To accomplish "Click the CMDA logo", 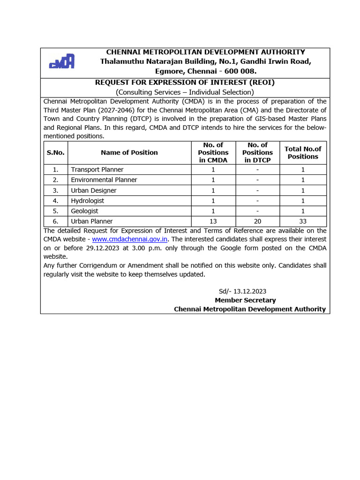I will (x=62, y=61).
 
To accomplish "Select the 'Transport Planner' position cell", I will (x=97, y=169).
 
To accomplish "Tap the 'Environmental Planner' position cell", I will (x=104, y=180).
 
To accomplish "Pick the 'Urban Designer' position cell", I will (x=93, y=190).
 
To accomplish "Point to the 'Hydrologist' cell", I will (x=87, y=201).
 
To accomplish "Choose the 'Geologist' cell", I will (x=84, y=211).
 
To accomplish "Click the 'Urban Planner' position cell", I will (x=91, y=221).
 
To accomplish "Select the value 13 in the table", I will (x=213, y=221).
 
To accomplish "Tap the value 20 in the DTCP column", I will (x=257, y=221).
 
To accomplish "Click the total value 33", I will (x=303, y=221).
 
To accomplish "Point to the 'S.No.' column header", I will (x=55, y=152).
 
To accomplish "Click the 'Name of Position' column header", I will (x=129, y=152).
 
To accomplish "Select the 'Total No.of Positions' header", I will (x=303, y=152).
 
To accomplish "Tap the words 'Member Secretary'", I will (x=245, y=300).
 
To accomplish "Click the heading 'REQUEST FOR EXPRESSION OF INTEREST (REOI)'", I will (x=185, y=82).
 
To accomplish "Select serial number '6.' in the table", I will (x=55, y=221).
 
